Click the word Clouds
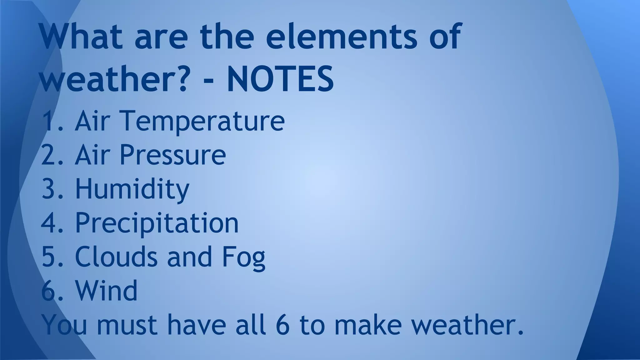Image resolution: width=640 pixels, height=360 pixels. pos(116,257)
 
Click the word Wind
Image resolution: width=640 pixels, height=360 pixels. pos(106,291)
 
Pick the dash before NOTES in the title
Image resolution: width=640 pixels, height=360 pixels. pos(209,80)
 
